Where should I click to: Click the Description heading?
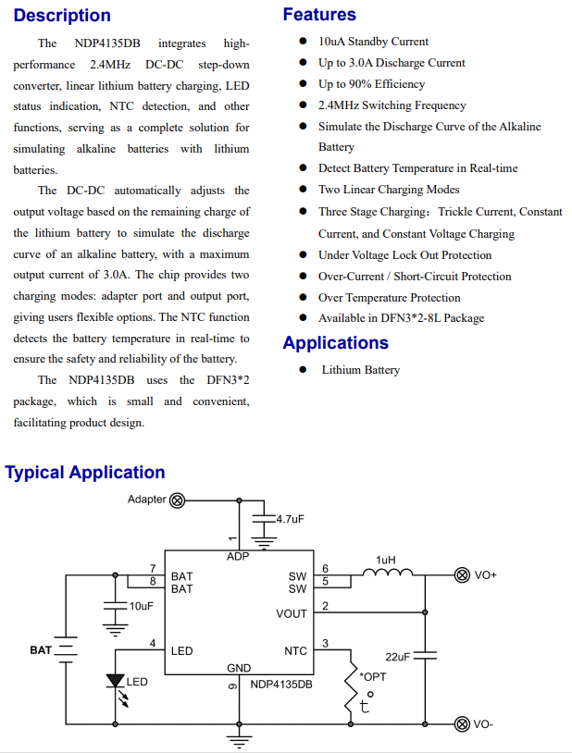(62, 16)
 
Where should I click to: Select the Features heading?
(319, 15)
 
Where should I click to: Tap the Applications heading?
(335, 343)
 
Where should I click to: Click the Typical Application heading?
(85, 473)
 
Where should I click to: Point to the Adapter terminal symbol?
(177, 500)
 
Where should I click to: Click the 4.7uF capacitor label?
(290, 520)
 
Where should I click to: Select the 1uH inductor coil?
(387, 575)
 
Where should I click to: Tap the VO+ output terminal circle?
(461, 575)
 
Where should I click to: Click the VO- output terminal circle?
(461, 723)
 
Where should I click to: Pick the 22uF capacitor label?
(397, 656)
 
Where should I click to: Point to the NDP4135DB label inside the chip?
(281, 685)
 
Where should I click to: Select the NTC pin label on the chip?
(295, 651)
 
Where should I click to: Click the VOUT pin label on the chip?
(292, 614)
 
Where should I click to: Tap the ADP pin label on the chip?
(238, 557)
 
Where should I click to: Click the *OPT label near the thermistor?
(373, 677)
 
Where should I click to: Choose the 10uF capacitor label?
(142, 606)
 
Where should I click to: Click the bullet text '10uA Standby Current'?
(373, 42)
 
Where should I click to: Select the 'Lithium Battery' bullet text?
(360, 370)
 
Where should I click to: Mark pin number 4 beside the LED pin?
(152, 644)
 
